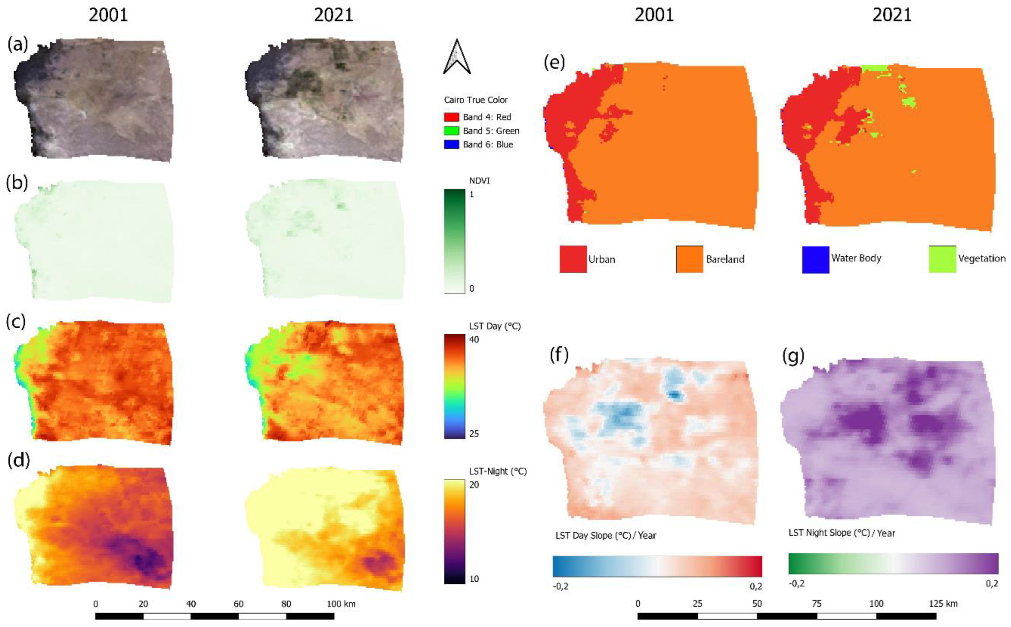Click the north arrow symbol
(457, 57)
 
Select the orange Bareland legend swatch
(689, 259)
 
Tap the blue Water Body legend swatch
(815, 259)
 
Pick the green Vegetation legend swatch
(942, 259)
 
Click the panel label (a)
(17, 44)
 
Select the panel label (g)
(793, 356)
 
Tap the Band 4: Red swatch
(451, 117)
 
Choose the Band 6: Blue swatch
(451, 145)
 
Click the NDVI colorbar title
(479, 181)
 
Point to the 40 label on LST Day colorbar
(474, 339)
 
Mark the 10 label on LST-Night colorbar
(474, 579)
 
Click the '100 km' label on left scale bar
(341, 604)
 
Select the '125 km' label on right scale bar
(943, 603)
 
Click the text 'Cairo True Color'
(476, 100)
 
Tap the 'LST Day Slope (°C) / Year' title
(606, 535)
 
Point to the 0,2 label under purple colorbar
(992, 583)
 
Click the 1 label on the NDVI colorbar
(471, 194)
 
